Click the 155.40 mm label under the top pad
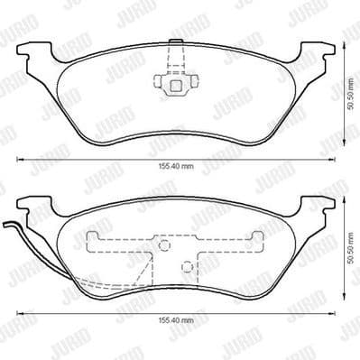pyautogui.click(x=181, y=167)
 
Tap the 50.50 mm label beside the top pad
pyautogui.click(x=350, y=91)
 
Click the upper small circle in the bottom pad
pyautogui.click(x=164, y=245)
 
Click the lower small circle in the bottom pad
pyautogui.click(x=185, y=266)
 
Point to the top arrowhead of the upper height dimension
pyautogui.click(x=346, y=34)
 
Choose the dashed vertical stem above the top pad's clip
pyautogui.click(x=171, y=60)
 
